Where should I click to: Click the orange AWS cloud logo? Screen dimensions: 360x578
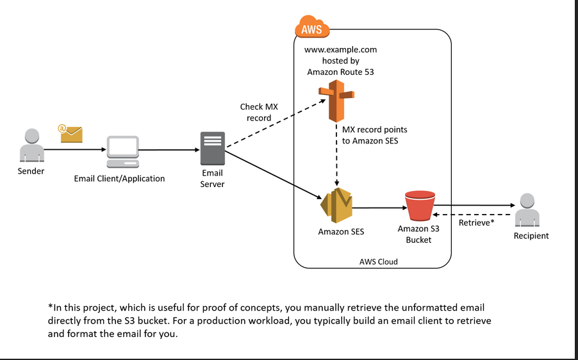coord(312,29)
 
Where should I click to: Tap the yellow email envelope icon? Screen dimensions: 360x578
coord(71,133)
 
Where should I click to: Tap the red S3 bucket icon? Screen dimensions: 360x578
coord(418,206)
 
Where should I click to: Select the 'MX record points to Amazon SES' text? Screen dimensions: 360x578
coord(374,135)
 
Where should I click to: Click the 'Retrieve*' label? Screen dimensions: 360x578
coord(476,223)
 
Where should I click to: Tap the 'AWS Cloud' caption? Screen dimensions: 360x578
coord(378,261)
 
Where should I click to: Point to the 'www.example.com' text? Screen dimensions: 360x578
coord(340,49)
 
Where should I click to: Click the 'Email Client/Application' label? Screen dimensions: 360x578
coord(119,179)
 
